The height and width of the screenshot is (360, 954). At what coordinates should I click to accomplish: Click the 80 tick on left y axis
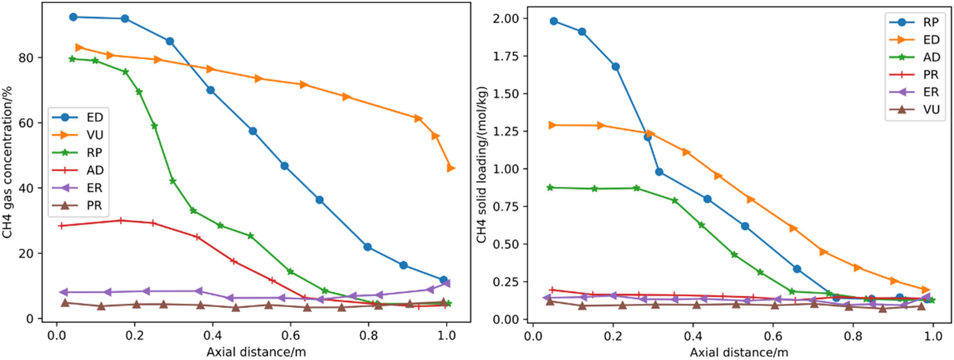pos(26,58)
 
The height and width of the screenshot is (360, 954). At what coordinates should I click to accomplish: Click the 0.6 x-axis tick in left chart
pos(290,336)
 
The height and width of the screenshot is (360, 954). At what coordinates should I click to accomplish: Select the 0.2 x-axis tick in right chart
pos(612,336)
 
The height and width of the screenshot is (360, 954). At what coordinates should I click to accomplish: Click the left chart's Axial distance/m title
pos(256,352)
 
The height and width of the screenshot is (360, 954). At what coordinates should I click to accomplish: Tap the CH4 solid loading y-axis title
pos(482,165)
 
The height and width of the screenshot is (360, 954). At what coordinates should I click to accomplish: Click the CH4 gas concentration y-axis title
pos(7,162)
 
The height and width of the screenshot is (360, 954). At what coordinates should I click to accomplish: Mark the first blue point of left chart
pos(73,17)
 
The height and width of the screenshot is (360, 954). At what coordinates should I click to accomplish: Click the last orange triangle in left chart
pos(451,168)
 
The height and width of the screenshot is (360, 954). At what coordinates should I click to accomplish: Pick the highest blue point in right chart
pos(554,21)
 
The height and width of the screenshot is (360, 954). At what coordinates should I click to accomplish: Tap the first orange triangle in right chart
pos(552,125)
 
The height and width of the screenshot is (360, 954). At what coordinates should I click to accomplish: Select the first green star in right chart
pos(550,187)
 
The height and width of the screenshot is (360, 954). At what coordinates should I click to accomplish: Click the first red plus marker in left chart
pos(61,226)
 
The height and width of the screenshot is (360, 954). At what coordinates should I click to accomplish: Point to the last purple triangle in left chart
pos(446,284)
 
